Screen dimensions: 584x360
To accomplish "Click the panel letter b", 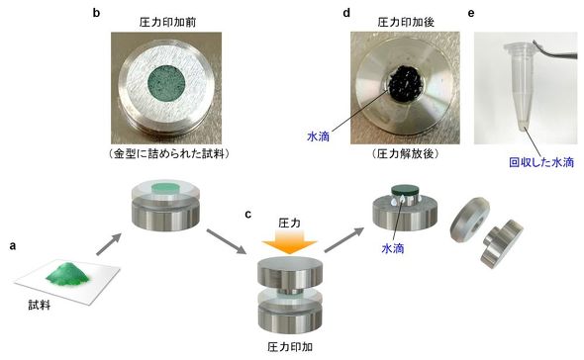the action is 96,13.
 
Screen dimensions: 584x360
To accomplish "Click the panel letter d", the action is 346,13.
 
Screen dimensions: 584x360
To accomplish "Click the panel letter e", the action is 471,14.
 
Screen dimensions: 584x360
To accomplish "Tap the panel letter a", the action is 13,246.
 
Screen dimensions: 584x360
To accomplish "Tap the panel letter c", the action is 248,215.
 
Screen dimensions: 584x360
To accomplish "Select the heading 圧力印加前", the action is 167,23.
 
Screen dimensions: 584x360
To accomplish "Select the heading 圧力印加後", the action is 406,23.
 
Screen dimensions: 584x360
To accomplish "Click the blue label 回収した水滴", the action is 541,162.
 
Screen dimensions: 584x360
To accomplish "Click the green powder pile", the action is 67,273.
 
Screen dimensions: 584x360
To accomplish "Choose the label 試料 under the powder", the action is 40,306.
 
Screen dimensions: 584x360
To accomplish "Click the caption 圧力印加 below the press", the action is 290,347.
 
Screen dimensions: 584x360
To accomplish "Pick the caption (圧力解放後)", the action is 406,153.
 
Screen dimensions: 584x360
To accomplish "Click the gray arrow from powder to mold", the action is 109,244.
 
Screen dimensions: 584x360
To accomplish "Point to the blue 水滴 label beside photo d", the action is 319,136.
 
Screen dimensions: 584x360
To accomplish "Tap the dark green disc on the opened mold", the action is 405,190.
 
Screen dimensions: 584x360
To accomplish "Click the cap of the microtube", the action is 520,47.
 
